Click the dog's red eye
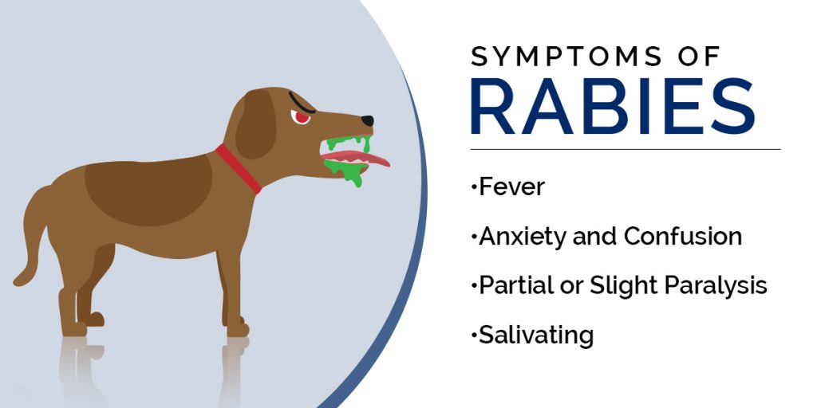pos(302,118)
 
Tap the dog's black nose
pos(366,121)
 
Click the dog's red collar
pos(239,168)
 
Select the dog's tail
pos(32,231)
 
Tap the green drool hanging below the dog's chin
pos(352,177)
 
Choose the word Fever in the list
pos(511,187)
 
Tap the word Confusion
pos(683,236)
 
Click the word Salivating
pos(535,335)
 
